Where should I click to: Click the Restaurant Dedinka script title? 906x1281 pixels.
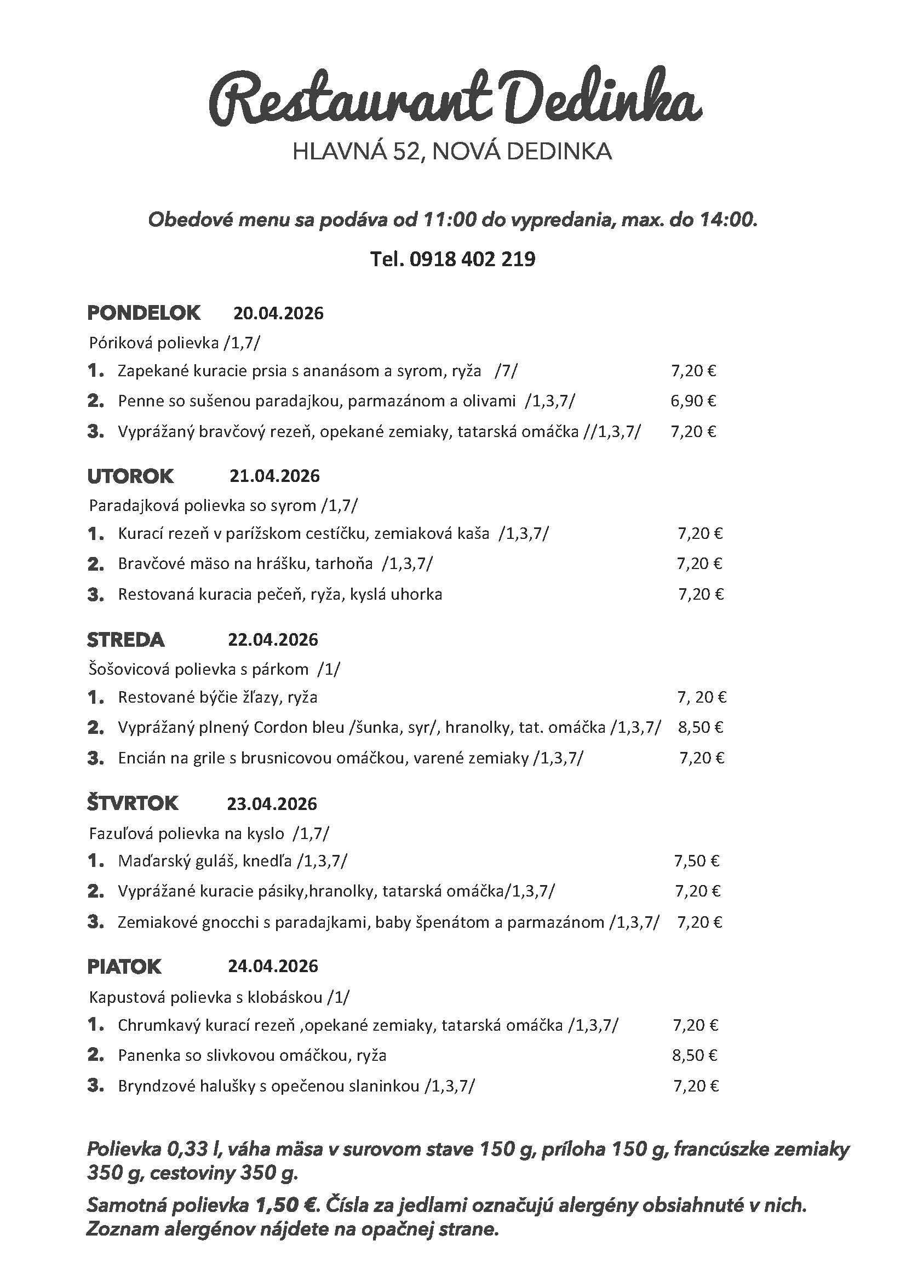click(455, 100)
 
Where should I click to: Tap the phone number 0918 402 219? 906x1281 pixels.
click(472, 259)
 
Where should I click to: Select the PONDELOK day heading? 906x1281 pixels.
click(144, 313)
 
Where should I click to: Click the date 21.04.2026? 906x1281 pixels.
click(274, 476)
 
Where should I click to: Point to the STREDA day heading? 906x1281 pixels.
click(125, 639)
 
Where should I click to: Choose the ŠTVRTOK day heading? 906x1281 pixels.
click(132, 803)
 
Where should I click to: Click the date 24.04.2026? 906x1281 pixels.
click(273, 966)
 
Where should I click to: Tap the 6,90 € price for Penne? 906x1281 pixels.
click(693, 400)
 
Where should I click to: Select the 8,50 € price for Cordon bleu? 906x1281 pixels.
click(701, 727)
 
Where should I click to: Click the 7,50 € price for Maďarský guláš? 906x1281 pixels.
click(696, 861)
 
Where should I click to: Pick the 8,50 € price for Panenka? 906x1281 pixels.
click(695, 1055)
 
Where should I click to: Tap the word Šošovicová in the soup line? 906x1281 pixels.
click(129, 669)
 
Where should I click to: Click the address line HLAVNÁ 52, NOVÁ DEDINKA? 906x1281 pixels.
click(452, 152)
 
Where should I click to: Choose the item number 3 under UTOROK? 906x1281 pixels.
click(95, 595)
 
